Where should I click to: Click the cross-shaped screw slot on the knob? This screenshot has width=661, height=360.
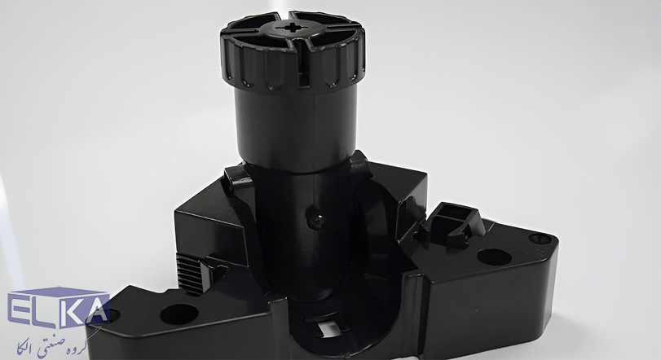point(292,29)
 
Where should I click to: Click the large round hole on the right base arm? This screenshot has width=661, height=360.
point(494,257)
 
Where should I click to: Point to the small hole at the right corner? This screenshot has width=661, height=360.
point(540,239)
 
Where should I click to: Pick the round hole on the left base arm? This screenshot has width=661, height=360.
point(178,314)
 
